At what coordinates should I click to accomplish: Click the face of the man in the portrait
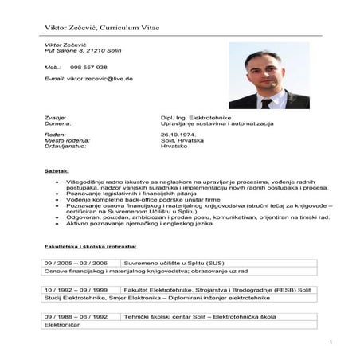(x=263, y=72)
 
